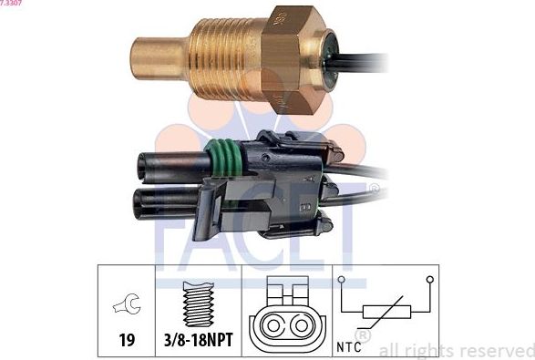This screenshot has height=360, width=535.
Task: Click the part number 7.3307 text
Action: pos(12,4)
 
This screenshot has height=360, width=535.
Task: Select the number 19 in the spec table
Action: pos(127,340)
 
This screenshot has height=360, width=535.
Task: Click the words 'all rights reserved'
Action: pos(456,350)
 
